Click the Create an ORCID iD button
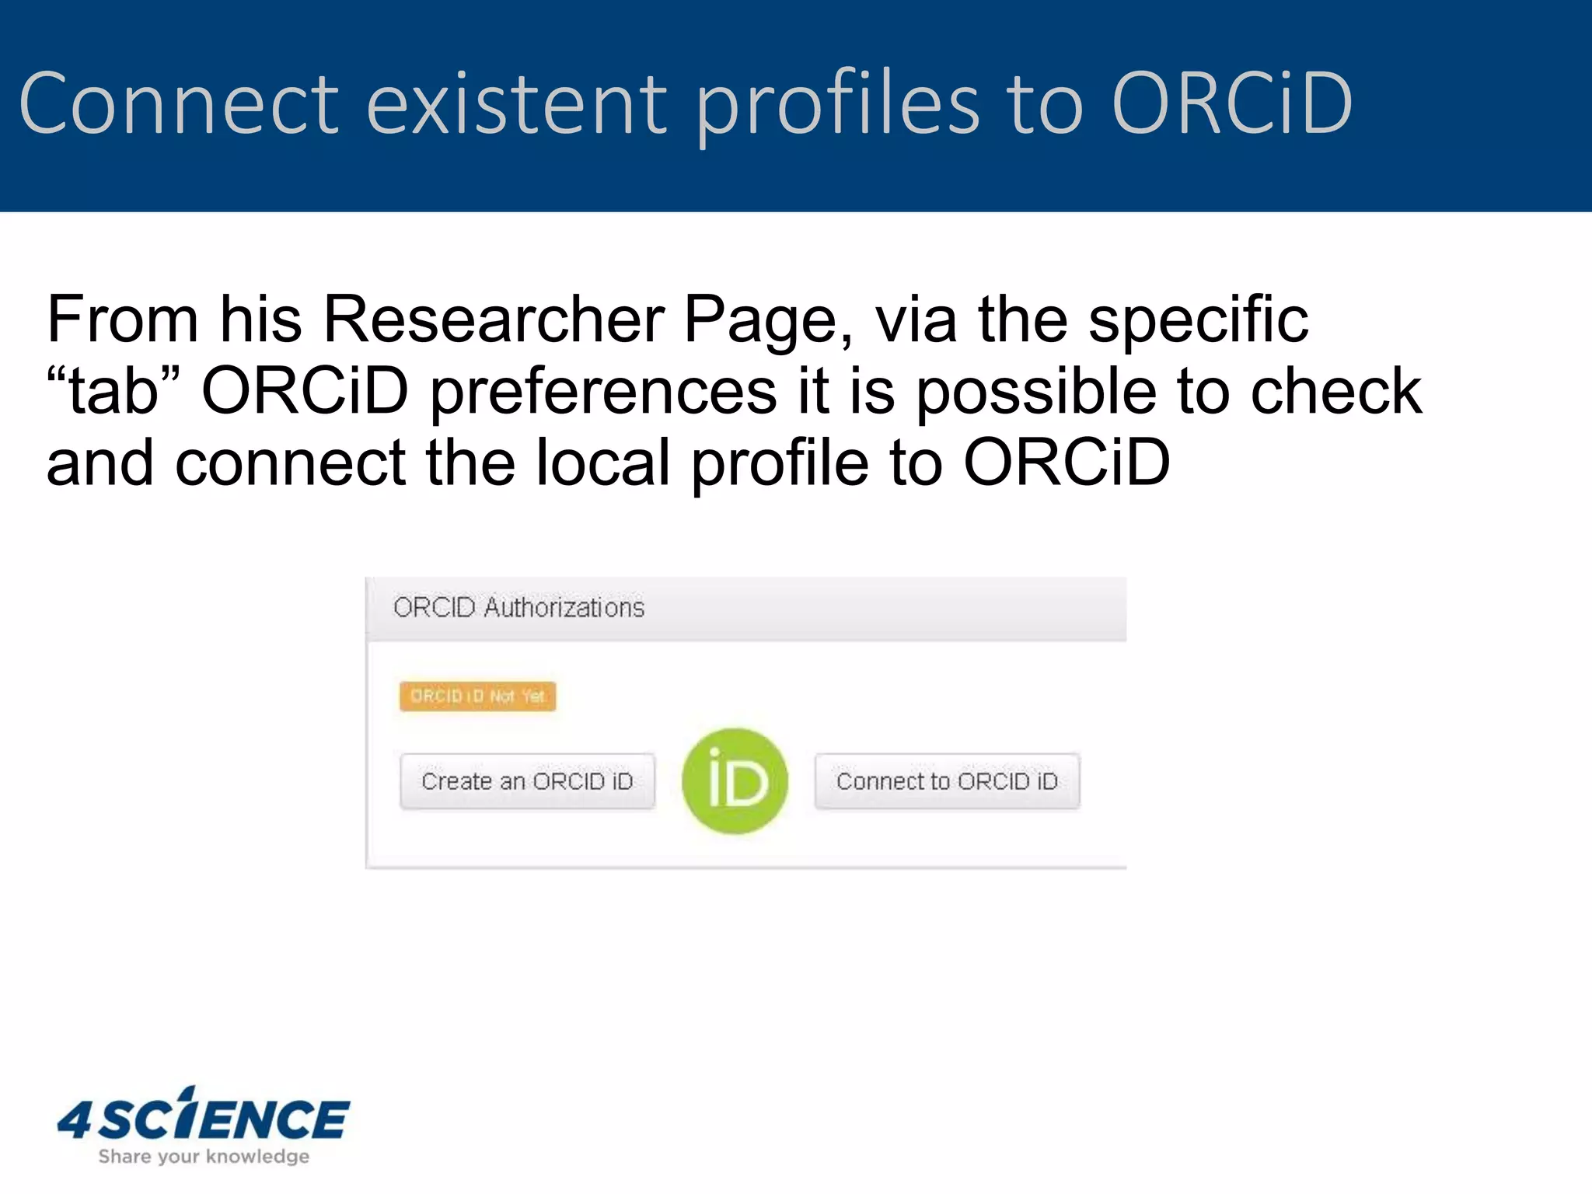tap(527, 781)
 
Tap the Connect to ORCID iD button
tap(947, 781)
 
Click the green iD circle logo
tap(735, 781)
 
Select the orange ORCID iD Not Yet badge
tap(477, 696)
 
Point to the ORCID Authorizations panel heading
tap(518, 607)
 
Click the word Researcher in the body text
tap(493, 319)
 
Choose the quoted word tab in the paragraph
tap(113, 391)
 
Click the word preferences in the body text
tap(603, 391)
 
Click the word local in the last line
tap(602, 463)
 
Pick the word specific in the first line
tap(1198, 319)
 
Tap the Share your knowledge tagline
tap(204, 1157)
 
